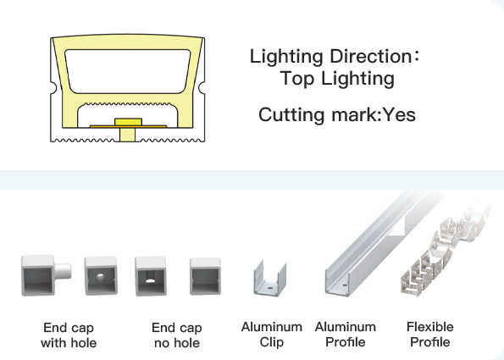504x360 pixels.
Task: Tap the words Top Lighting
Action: (337, 79)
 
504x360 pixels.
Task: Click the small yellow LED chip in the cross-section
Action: (128, 122)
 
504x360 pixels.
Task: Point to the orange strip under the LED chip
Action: (128, 127)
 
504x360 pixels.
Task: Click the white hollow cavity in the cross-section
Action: (128, 71)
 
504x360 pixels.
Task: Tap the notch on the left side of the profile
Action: (53, 87)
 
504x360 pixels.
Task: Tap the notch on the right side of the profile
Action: (202, 86)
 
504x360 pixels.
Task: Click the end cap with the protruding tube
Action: (46, 275)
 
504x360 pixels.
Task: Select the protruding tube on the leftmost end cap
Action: (63, 271)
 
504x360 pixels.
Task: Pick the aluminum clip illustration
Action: (269, 278)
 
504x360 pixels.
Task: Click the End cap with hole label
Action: (69, 335)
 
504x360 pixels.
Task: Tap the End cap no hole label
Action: (177, 335)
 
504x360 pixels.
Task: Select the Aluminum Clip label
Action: (272, 335)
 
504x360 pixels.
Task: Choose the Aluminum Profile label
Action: (346, 335)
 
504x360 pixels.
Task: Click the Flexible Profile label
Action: (430, 335)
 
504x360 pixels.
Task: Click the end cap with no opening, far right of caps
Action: (205, 276)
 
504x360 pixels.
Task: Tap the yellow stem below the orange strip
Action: (128, 135)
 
